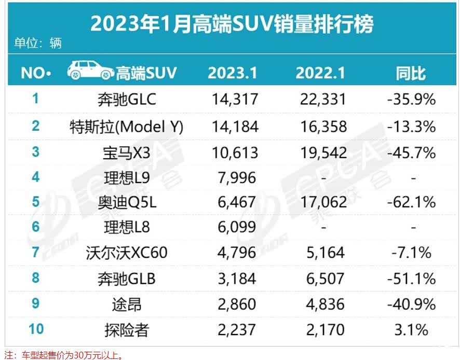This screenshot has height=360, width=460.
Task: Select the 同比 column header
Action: click(x=411, y=73)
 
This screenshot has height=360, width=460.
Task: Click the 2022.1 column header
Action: click(x=320, y=73)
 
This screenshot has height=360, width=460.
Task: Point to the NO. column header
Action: click(x=35, y=73)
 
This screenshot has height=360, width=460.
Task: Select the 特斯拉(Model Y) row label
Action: click(x=127, y=126)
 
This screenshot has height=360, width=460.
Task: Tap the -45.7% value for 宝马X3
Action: click(x=411, y=152)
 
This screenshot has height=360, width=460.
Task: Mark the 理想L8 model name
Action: click(x=127, y=227)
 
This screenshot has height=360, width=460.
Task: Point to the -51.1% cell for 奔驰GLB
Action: click(x=411, y=279)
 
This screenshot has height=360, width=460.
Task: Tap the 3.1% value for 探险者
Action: click(x=411, y=329)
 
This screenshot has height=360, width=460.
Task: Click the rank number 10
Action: click(x=35, y=328)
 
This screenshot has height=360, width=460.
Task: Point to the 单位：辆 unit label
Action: click(x=38, y=43)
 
